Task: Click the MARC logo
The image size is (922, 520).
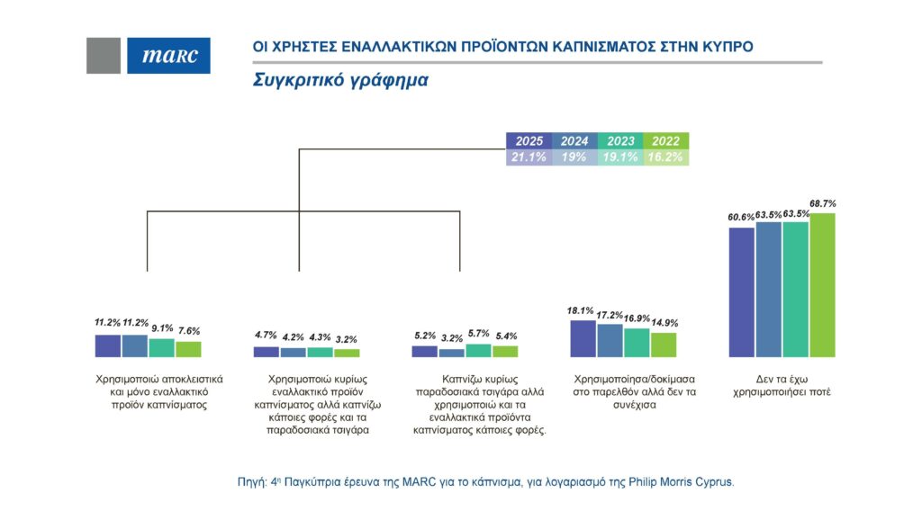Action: pos(168,56)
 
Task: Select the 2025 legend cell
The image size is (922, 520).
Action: pos(529,141)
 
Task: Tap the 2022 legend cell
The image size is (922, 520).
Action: pos(667,141)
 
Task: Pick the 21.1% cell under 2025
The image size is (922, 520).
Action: pos(529,157)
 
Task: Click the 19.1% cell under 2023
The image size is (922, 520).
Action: pos(621,157)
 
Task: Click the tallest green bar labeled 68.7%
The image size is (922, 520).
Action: pos(822,285)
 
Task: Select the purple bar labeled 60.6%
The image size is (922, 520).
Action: pos(741,292)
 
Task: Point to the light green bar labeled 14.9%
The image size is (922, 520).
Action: pos(664,345)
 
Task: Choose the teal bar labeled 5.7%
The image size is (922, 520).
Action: pos(479,351)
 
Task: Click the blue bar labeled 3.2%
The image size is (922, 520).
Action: pos(452,353)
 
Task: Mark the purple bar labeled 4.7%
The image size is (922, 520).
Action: pos(267,352)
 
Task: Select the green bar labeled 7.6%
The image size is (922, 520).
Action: pos(188,349)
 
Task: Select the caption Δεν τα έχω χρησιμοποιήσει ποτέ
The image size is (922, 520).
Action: pos(781,386)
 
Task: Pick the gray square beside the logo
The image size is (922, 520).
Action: pos(104,56)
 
